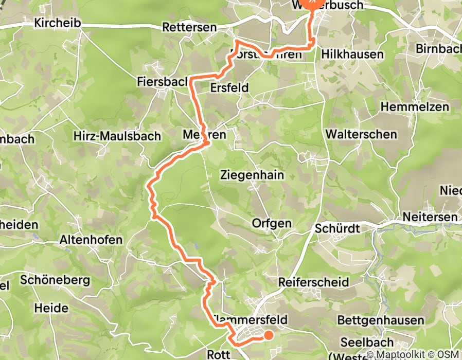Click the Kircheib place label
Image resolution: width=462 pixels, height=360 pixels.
[x=56, y=23]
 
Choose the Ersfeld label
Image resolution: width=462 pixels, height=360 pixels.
[x=229, y=88]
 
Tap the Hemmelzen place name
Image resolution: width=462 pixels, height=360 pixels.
[x=415, y=107]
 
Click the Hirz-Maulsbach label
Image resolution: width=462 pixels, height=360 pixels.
[x=117, y=136]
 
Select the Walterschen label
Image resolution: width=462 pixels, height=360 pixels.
[x=361, y=134]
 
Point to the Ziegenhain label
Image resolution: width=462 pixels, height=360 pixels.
[x=252, y=175]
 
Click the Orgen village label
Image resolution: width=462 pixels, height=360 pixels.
[x=272, y=223]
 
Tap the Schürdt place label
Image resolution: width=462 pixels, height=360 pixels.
[x=337, y=228]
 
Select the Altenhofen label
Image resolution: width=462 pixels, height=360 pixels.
[x=91, y=240]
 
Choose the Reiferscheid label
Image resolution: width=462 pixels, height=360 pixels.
[x=313, y=282]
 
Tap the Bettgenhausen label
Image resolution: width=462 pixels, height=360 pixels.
[x=381, y=320]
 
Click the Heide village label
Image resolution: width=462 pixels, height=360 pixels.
[x=51, y=309]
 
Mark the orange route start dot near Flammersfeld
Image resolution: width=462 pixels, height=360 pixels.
[x=268, y=336]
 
